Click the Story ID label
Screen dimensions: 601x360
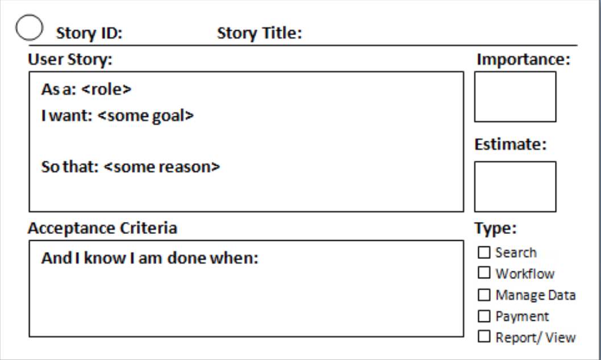(89, 33)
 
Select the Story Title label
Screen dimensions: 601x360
(260, 33)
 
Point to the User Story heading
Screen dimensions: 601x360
(70, 60)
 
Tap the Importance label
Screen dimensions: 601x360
(524, 60)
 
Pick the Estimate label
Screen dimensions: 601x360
(511, 144)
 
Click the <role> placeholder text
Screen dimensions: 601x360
(107, 89)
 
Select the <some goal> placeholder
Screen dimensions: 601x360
(145, 116)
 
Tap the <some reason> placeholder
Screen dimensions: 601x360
(162, 166)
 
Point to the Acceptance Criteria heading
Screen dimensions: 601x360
(103, 228)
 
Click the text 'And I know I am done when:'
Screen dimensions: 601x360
(150, 258)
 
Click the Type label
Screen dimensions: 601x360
(495, 228)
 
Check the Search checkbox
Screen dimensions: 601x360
(484, 252)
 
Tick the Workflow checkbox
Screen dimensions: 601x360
(484, 273)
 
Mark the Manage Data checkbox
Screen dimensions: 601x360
(484, 295)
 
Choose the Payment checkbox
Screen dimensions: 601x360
(484, 316)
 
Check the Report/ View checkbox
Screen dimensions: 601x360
(484, 336)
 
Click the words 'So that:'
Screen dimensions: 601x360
(70, 166)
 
